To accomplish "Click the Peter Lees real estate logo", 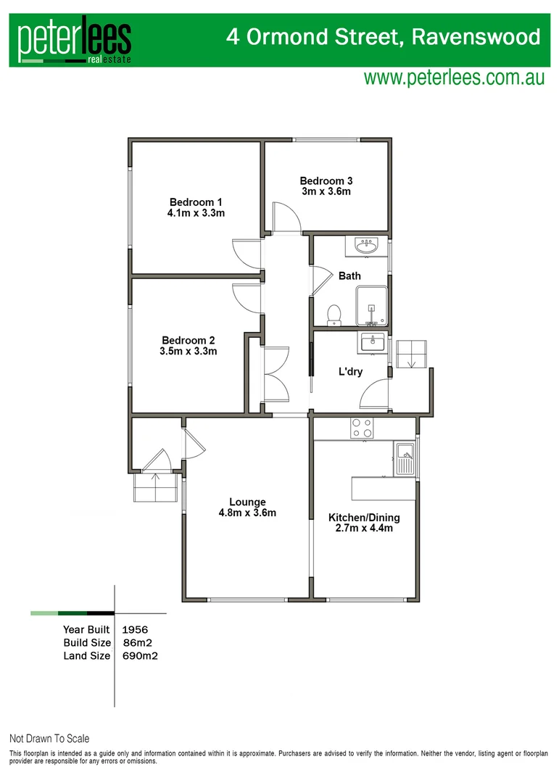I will (75, 42).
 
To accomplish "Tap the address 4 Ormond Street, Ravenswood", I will (384, 37).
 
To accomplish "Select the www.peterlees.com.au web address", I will (454, 78).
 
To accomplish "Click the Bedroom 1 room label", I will (196, 202).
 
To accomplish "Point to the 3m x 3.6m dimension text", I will (326, 192).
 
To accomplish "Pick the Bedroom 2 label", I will (188, 340).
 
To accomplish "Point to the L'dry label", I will (350, 373).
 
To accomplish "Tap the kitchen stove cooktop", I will (361, 428).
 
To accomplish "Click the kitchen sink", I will (404, 458).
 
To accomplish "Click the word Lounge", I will (247, 502).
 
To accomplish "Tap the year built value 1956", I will (136, 629).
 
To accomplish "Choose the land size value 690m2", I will (141, 656).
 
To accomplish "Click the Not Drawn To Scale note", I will (49, 739).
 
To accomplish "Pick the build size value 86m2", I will (138, 642).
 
